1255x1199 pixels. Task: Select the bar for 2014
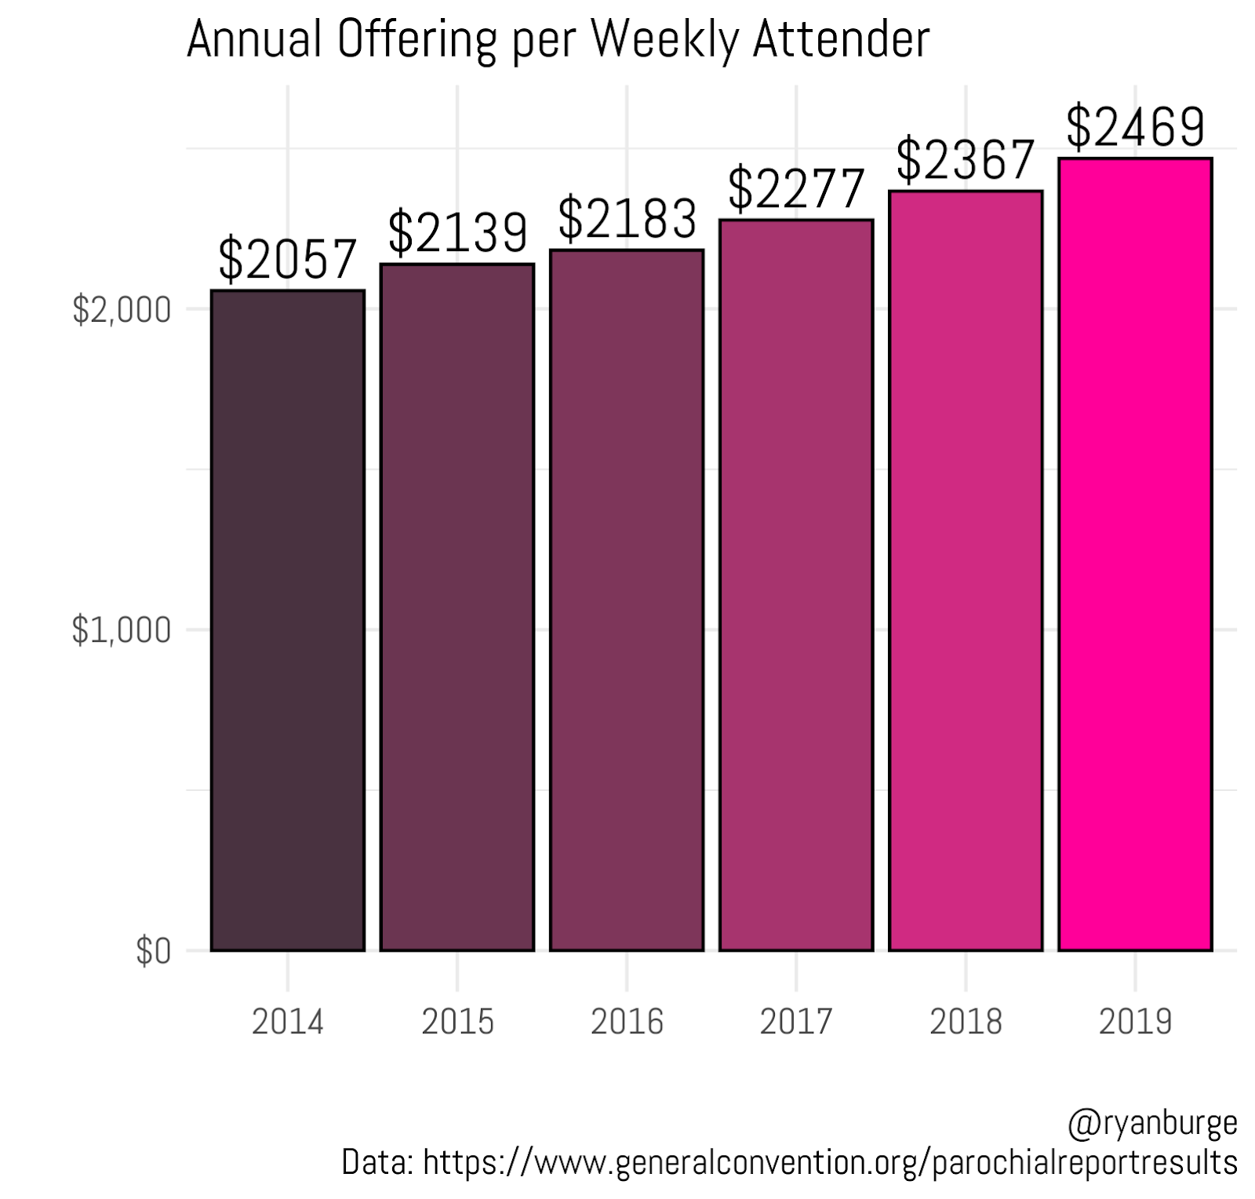pyautogui.click(x=288, y=620)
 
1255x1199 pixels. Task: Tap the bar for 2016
pyautogui.click(x=627, y=599)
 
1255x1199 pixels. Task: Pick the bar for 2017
pyautogui.click(x=796, y=585)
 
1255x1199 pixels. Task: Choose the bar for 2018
pyautogui.click(x=966, y=570)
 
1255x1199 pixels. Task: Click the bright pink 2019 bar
pyautogui.click(x=1135, y=554)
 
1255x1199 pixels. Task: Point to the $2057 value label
pyautogui.click(x=288, y=260)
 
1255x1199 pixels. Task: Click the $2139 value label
pyautogui.click(x=457, y=231)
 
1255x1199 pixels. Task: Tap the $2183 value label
pyautogui.click(x=627, y=218)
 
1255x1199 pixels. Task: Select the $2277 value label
pyautogui.click(x=796, y=188)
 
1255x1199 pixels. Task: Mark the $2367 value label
pyautogui.click(x=966, y=159)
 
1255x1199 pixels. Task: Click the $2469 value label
pyautogui.click(x=1135, y=126)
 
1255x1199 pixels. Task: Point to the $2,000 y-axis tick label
pyautogui.click(x=122, y=310)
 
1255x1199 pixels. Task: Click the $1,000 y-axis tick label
pyautogui.click(x=122, y=630)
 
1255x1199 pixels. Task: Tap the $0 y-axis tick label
pyautogui.click(x=153, y=951)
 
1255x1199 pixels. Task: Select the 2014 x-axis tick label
pyautogui.click(x=288, y=1022)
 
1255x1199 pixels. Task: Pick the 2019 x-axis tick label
pyautogui.click(x=1135, y=1022)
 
